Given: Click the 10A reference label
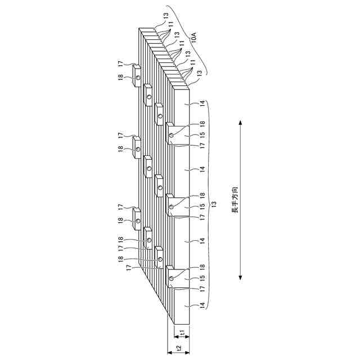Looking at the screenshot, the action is point(194,37).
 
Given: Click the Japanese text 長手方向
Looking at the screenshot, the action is point(235,199).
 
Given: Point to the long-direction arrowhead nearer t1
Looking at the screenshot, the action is point(240,277).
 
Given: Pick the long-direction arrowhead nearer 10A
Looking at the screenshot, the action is point(240,123).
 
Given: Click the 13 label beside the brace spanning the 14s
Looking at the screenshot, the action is point(213,204).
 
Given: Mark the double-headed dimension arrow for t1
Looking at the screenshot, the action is point(182,336).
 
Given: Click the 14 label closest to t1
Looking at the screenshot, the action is point(202,305).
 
